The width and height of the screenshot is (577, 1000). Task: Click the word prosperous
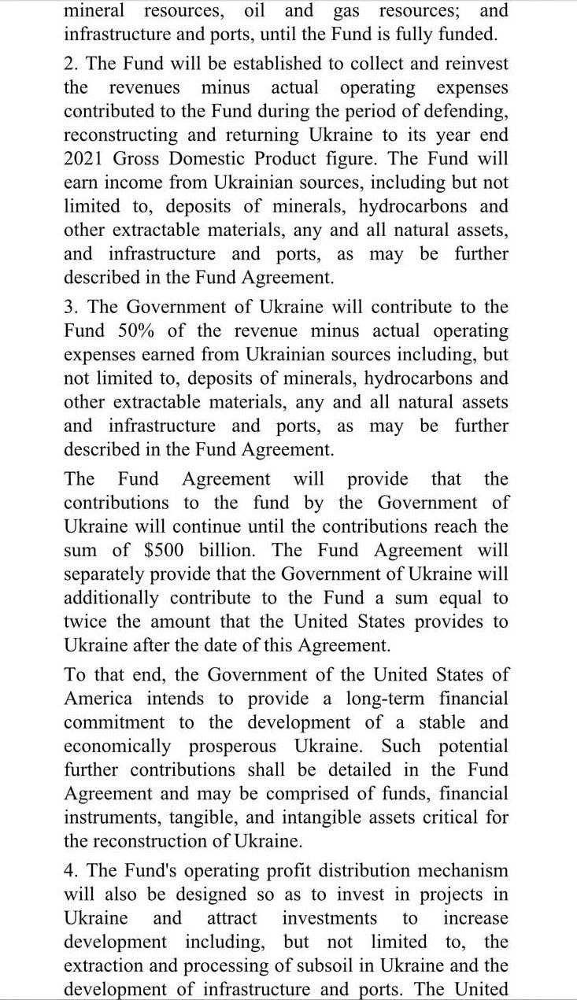(x=232, y=745)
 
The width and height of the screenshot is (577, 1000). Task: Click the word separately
(x=105, y=574)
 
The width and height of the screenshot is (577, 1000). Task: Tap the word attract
(x=231, y=918)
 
